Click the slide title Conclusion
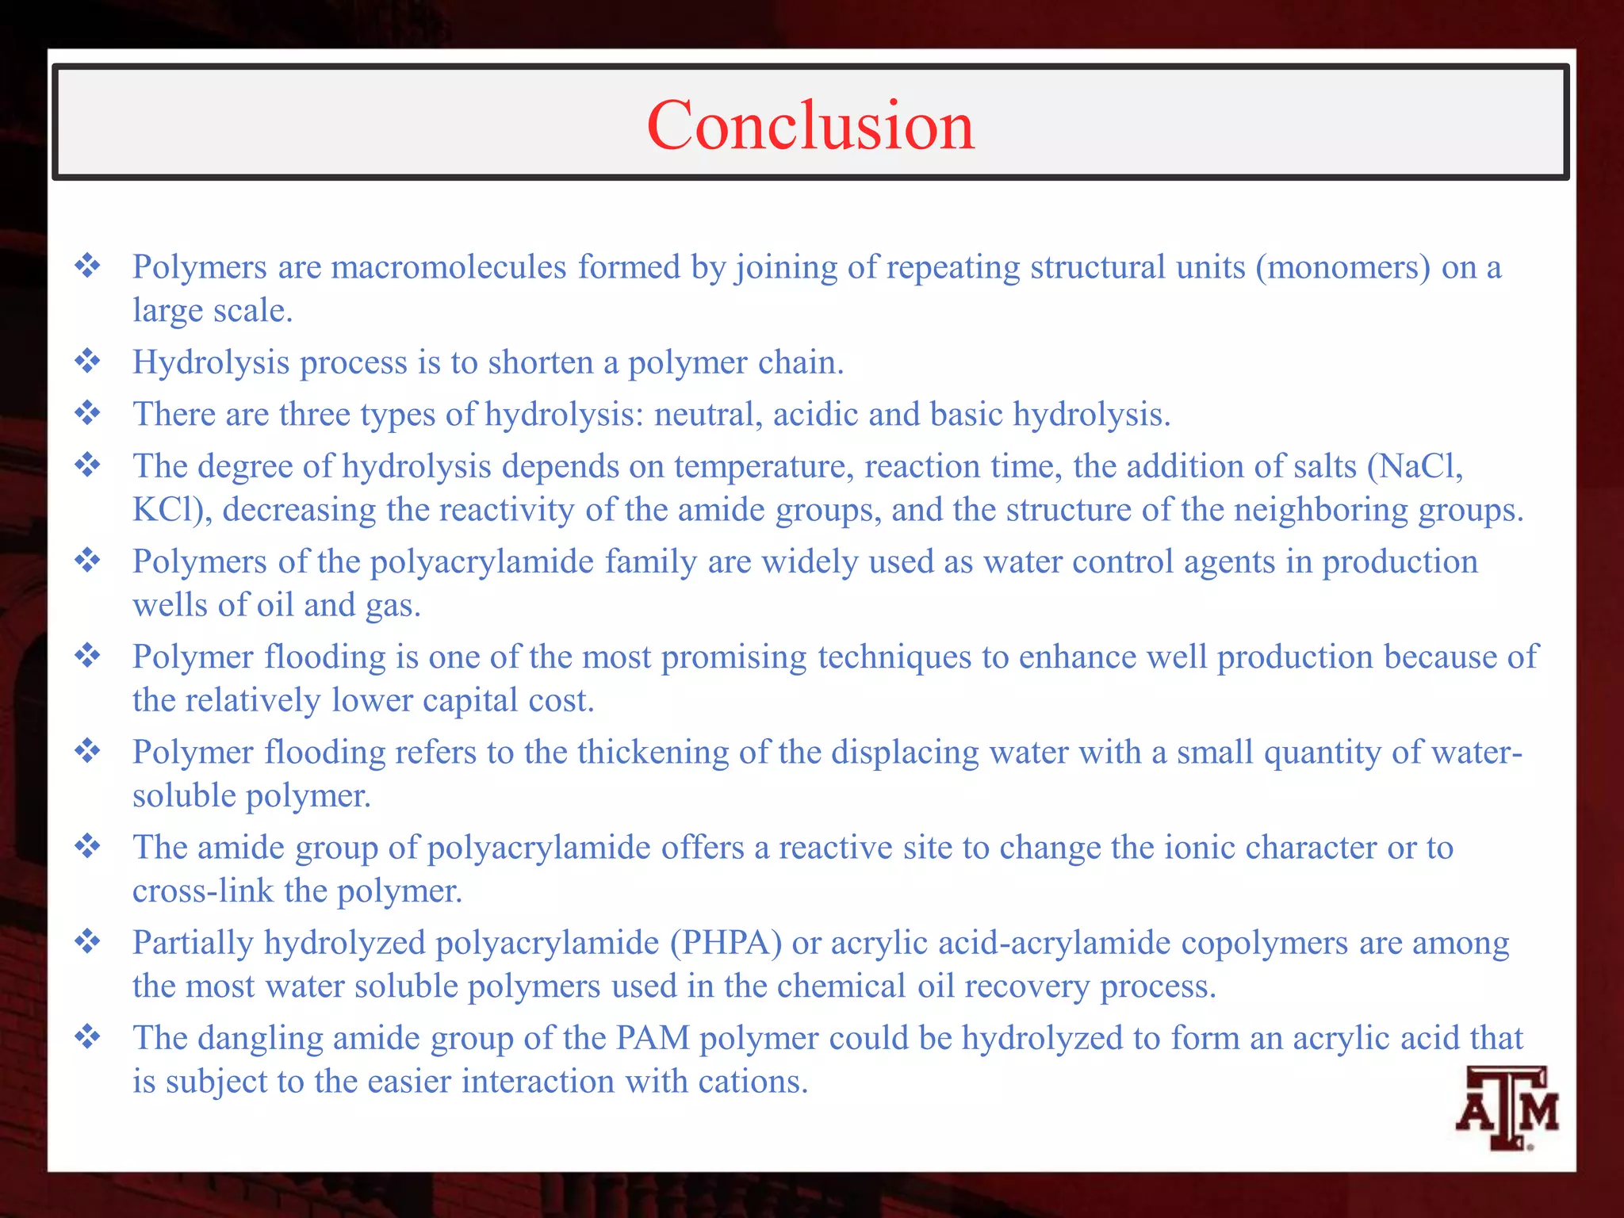coord(810,125)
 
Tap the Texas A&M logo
coord(1506,1108)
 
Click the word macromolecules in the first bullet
coord(448,267)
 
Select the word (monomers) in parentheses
coord(1342,267)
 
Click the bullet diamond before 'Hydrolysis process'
coord(87,362)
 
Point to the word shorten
coord(540,362)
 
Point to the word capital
coord(470,701)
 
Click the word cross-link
coord(203,891)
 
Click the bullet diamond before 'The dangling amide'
coord(87,1036)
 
